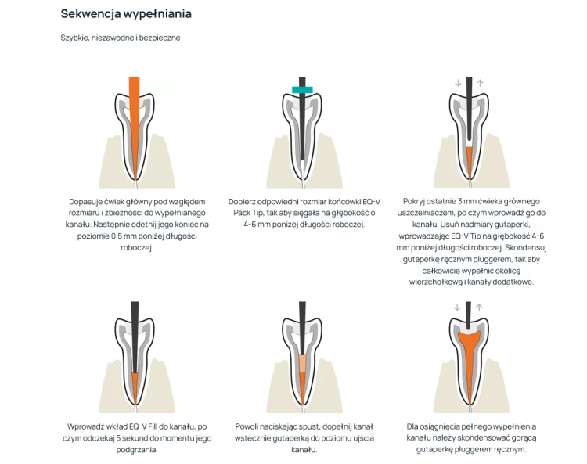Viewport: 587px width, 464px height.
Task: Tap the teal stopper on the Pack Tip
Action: coord(302,90)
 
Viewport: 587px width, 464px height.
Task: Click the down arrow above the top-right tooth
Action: coord(458,83)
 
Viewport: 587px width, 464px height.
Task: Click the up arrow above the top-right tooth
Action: coord(481,83)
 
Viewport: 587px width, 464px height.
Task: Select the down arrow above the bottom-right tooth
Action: coord(457,308)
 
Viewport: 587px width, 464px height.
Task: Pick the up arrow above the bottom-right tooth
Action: coord(479,308)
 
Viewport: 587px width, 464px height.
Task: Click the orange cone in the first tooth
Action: coord(135,124)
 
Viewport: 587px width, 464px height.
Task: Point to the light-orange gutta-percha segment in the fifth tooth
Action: coord(302,363)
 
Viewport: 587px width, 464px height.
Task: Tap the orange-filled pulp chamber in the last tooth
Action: coord(470,338)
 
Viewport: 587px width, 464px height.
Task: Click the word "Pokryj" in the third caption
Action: coord(414,201)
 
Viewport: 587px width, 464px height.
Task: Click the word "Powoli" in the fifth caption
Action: coord(247,426)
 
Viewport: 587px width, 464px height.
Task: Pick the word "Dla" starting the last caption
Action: coord(412,426)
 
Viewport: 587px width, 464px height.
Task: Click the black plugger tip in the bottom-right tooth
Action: coord(468,315)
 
